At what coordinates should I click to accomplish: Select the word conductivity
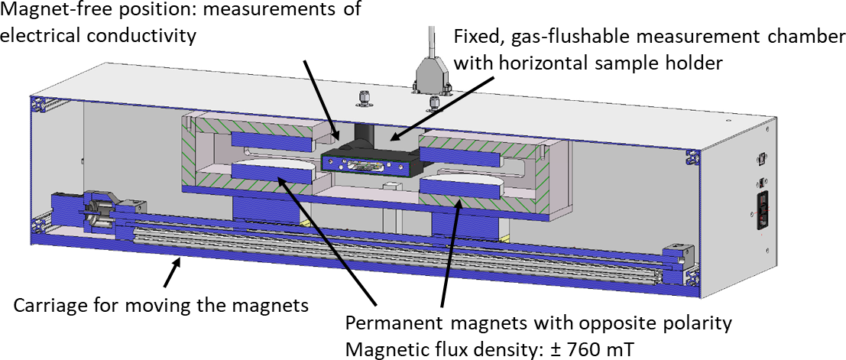[x=151, y=35]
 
